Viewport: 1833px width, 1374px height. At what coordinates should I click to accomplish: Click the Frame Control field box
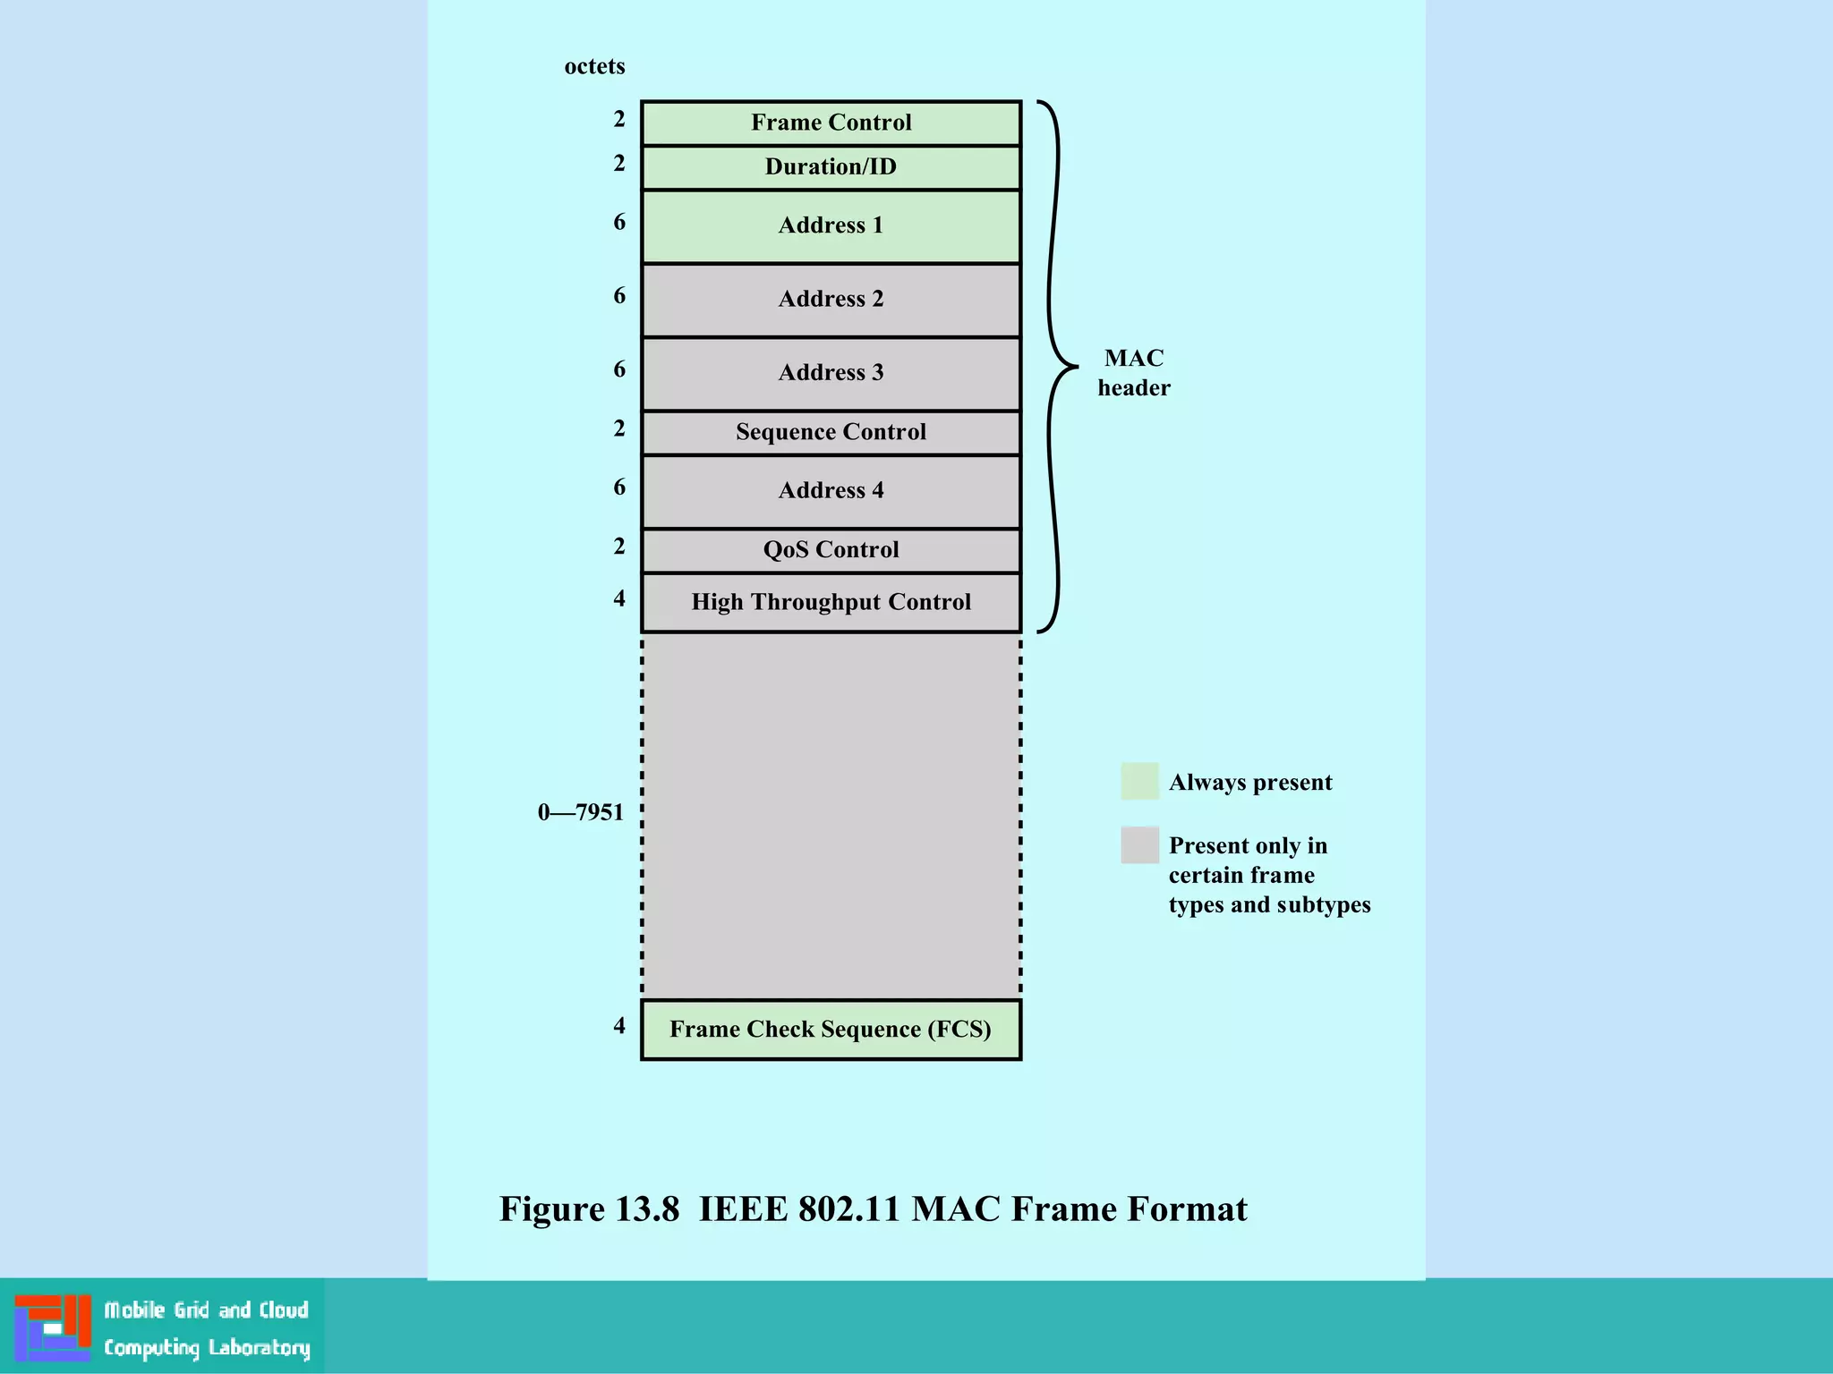(831, 123)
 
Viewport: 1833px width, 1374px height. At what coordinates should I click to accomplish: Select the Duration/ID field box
(831, 167)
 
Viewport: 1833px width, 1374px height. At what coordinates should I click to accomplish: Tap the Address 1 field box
(831, 225)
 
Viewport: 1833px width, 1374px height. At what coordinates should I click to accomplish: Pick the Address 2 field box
(831, 299)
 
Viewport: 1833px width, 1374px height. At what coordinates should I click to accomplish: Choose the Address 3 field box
(831, 373)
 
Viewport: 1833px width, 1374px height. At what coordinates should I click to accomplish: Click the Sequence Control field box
(831, 432)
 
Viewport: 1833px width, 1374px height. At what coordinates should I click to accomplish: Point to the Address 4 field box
(831, 490)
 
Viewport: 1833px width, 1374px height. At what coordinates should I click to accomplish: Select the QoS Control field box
(831, 549)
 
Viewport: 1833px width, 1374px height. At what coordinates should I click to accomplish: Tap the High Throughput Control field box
(831, 602)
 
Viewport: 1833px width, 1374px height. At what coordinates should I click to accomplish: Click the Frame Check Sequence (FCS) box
(831, 1029)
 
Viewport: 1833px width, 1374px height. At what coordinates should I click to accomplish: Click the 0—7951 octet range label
(580, 812)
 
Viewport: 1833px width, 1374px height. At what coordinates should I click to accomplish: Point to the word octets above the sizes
(594, 66)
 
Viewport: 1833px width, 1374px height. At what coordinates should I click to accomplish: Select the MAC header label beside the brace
(1134, 372)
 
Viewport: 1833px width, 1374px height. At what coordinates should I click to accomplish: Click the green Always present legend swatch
(1139, 781)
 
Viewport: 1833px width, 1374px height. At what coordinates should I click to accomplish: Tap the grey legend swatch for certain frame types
(1139, 844)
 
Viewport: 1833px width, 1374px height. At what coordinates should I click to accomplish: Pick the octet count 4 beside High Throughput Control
(619, 598)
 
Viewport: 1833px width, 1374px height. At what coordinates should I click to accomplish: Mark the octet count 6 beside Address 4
(619, 487)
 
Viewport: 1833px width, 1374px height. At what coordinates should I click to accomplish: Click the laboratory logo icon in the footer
(53, 1327)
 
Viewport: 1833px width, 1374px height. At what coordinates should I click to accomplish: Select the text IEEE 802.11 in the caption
(798, 1209)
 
